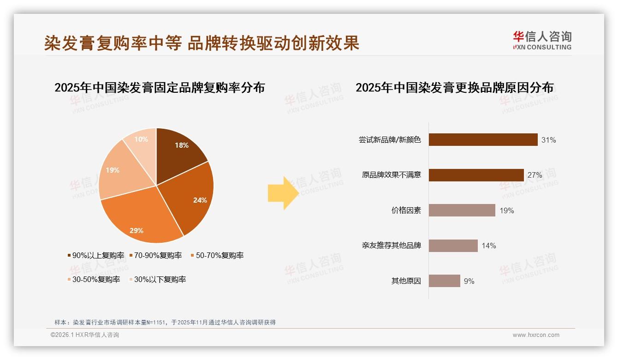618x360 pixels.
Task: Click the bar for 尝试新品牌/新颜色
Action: point(483,140)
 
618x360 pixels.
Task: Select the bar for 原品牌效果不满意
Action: point(476,175)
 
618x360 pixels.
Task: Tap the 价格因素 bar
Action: point(462,210)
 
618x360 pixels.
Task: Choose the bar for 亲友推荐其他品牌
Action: point(453,246)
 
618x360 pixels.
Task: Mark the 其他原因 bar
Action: point(444,281)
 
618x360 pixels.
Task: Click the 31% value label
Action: point(549,140)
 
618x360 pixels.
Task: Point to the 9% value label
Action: point(469,281)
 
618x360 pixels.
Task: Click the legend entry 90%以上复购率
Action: point(96,255)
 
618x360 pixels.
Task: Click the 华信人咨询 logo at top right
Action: point(542,41)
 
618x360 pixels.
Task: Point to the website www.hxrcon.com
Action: point(536,335)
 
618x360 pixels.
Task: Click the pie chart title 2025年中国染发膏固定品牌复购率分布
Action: point(160,87)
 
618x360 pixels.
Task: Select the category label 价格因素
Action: point(406,210)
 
